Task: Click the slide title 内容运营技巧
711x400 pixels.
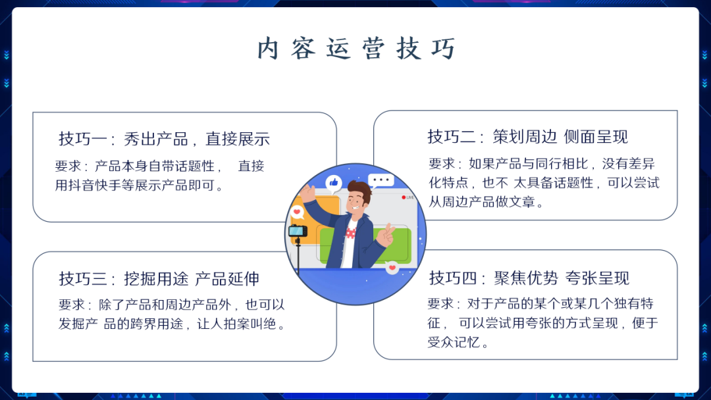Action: [x=355, y=49]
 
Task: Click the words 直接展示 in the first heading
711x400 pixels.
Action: [x=238, y=139]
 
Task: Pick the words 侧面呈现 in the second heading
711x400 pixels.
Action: [x=596, y=136]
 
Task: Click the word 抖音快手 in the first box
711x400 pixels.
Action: [x=98, y=185]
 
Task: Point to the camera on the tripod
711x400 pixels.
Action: [x=298, y=231]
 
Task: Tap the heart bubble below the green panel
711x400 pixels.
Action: [x=392, y=268]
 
